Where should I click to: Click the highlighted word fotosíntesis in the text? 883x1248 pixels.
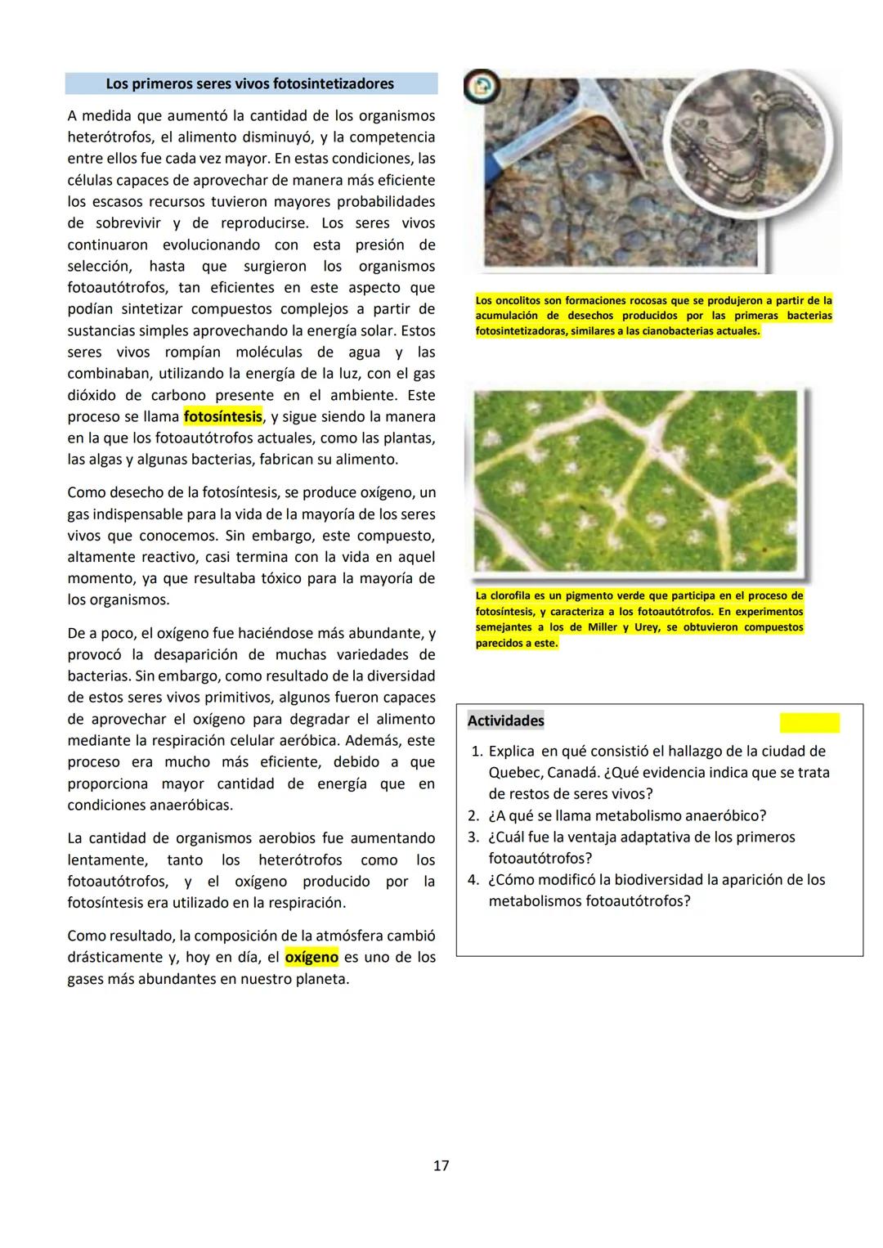tap(223, 416)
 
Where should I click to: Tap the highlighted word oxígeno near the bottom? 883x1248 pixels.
tap(312, 957)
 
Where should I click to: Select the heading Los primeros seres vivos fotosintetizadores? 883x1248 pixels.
tap(250, 83)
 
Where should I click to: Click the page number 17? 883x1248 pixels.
tap(441, 1165)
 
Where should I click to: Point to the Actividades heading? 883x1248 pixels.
tap(505, 721)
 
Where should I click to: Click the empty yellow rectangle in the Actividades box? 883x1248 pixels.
tap(809, 722)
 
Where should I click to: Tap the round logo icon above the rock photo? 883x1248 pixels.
tap(482, 86)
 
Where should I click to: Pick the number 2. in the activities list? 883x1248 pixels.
tap(473, 815)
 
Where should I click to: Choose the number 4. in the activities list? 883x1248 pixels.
tap(473, 880)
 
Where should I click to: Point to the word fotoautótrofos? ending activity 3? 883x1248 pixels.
tap(540, 859)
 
